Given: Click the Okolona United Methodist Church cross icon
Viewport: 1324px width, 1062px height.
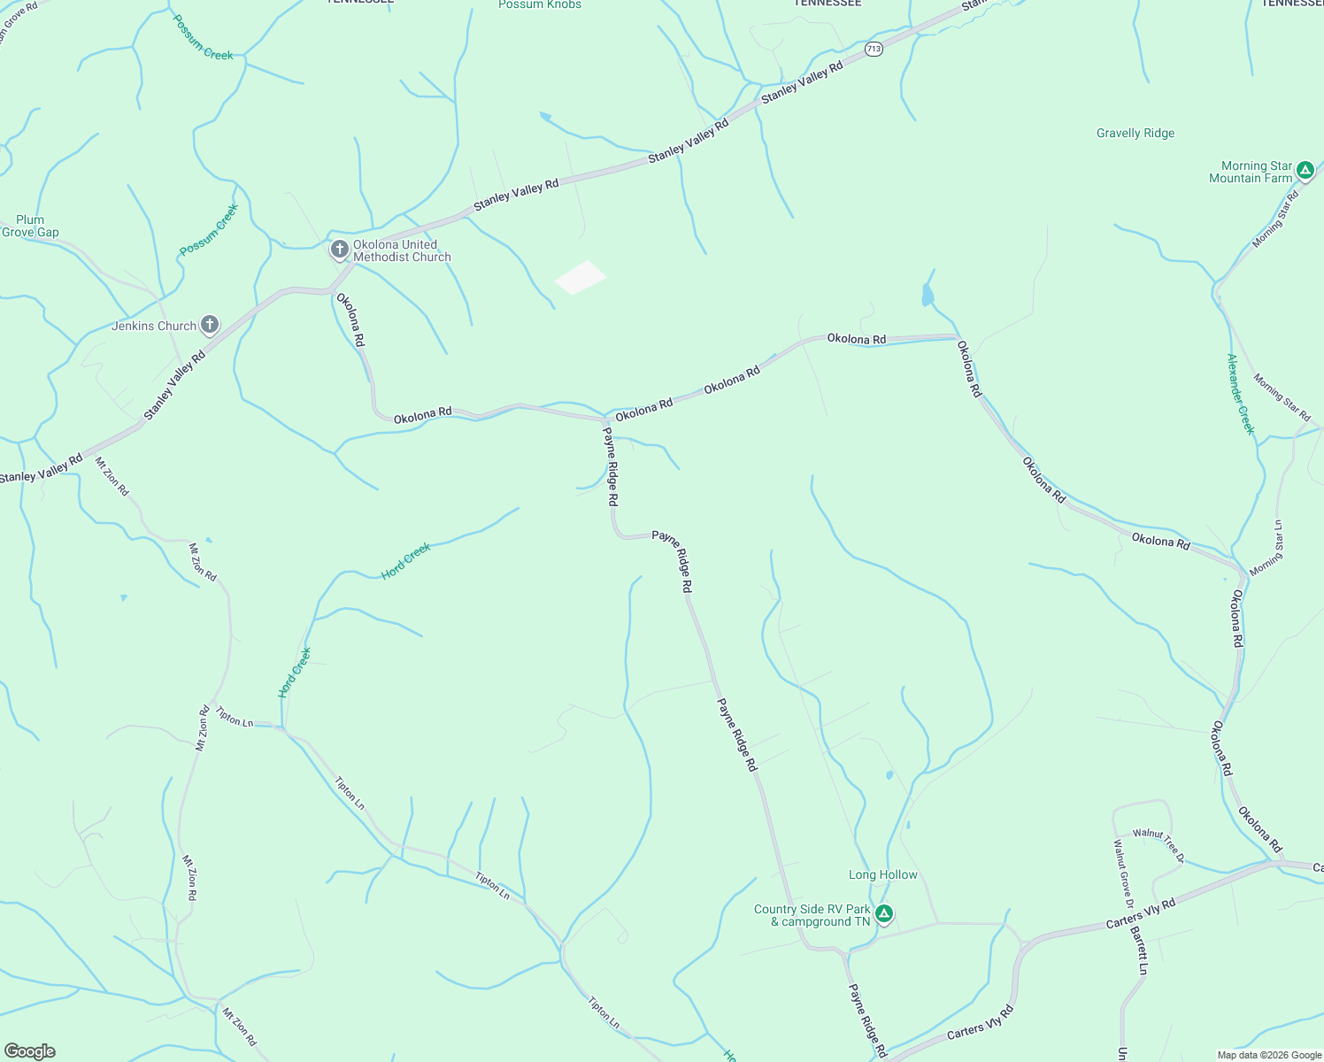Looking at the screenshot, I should coord(339,250).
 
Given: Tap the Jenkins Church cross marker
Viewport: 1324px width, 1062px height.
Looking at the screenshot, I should coord(210,325).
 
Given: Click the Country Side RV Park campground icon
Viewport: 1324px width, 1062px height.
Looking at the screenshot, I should coord(883,914).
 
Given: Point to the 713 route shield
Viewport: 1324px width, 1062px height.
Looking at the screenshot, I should coord(874,50).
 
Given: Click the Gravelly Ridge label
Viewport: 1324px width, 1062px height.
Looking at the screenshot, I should coord(1135,134).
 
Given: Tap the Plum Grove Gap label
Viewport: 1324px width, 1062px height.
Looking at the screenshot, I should coord(30,227).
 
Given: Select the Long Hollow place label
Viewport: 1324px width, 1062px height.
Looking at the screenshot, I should coord(883,874).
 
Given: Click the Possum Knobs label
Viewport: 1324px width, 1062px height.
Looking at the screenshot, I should coord(540,5).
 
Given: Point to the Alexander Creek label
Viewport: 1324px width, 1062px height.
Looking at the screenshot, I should coord(1241,394).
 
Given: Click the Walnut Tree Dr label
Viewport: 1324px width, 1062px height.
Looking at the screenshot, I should coord(1158,843).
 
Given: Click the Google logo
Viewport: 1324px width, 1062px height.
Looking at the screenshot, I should coord(30,1051).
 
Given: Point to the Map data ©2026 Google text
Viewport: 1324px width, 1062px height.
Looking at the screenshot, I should coord(1269,1055).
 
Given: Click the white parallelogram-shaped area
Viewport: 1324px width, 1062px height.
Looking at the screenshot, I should coord(581,277).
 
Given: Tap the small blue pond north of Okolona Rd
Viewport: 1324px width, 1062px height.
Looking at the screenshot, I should coord(927,295).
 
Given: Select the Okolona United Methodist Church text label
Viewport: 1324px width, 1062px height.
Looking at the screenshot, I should coord(402,250).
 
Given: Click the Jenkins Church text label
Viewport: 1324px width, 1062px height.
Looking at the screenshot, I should coord(154,326).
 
